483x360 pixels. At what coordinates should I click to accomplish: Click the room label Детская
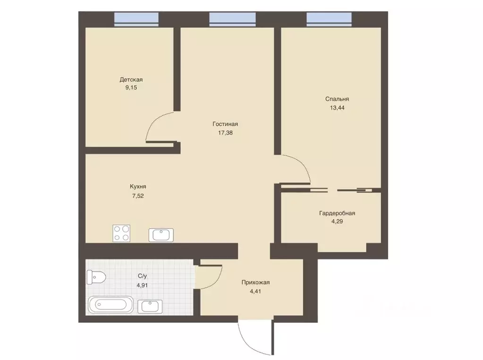point(131,79)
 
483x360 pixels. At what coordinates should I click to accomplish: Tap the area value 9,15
point(131,87)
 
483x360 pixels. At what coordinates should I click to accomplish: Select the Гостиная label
point(225,124)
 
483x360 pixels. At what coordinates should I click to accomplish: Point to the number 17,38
point(226,133)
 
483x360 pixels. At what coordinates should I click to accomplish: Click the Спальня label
point(337,99)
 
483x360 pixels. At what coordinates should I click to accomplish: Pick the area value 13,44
point(337,108)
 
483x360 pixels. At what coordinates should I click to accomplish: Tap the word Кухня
point(138,187)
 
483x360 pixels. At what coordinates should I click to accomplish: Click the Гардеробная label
point(337,213)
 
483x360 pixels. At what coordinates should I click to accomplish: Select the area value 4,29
point(337,221)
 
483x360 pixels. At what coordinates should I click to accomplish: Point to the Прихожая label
point(256,283)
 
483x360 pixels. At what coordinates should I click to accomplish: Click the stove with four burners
point(121,233)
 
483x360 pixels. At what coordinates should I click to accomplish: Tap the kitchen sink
point(161,235)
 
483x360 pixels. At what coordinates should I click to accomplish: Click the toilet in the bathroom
point(96,277)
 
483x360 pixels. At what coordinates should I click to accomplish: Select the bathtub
point(110,305)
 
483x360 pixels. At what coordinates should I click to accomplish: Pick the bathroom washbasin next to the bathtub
point(150,306)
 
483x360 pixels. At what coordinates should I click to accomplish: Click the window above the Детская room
point(136,19)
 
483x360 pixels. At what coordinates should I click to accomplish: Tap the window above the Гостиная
point(233,19)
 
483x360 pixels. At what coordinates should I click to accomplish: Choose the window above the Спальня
point(329,19)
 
